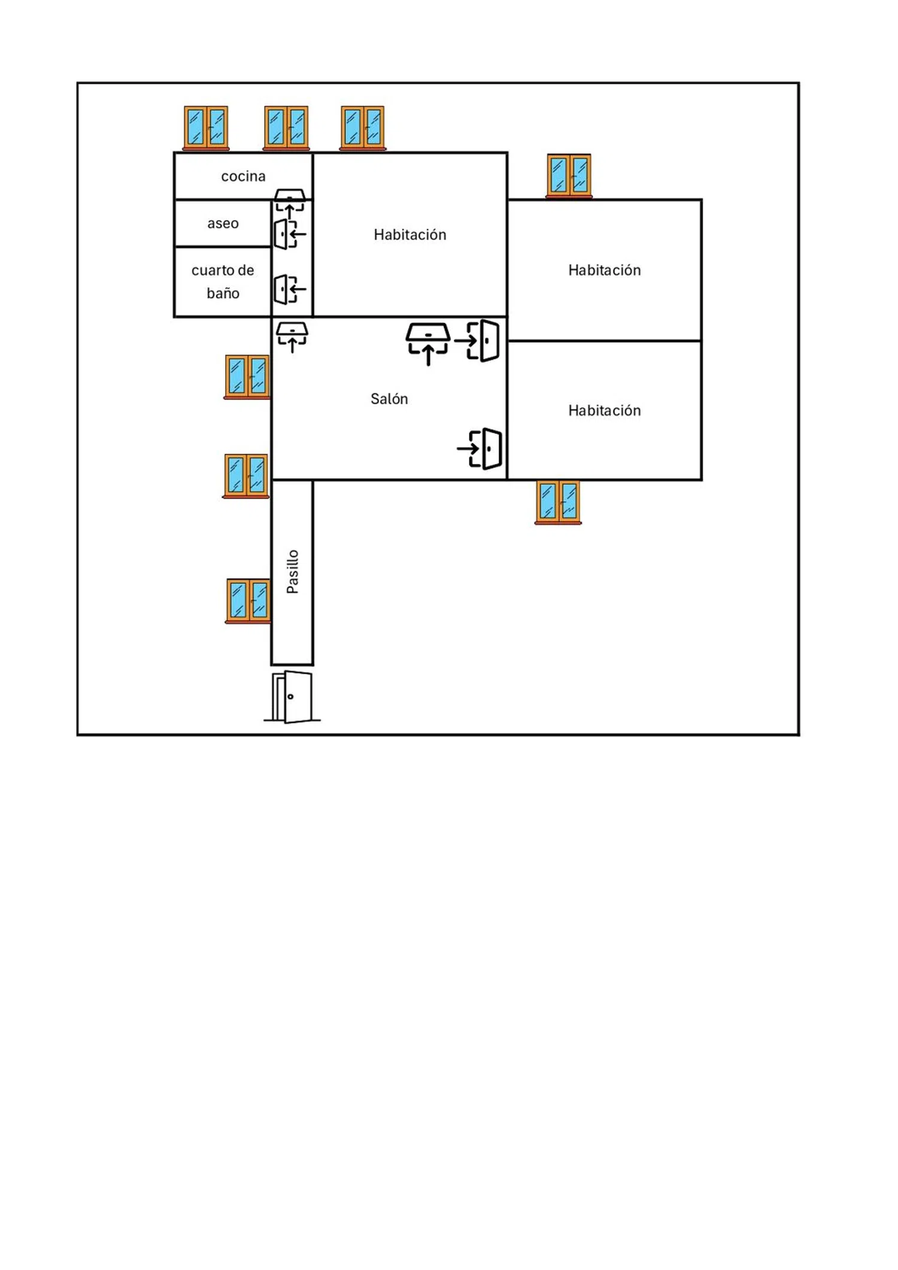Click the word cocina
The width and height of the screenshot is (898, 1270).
tap(243, 176)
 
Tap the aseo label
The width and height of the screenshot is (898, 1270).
tap(223, 223)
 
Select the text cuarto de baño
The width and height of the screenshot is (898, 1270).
tap(223, 281)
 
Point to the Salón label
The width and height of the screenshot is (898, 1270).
tap(389, 399)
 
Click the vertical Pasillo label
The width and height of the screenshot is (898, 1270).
tap(293, 572)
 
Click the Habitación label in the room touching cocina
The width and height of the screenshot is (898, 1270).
tap(410, 235)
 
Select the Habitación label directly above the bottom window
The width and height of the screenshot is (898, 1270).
tap(605, 411)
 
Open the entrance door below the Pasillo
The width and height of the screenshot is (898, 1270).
tap(292, 696)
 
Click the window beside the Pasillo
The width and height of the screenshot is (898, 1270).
tap(248, 601)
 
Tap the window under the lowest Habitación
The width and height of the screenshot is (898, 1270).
tap(558, 502)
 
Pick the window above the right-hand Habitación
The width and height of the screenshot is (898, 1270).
tap(569, 175)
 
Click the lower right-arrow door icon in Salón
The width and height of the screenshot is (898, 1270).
tap(480, 448)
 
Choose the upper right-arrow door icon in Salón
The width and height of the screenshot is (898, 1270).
tap(477, 341)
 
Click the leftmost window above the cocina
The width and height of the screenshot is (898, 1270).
tap(206, 128)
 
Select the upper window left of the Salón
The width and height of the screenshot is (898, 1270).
tap(247, 377)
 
